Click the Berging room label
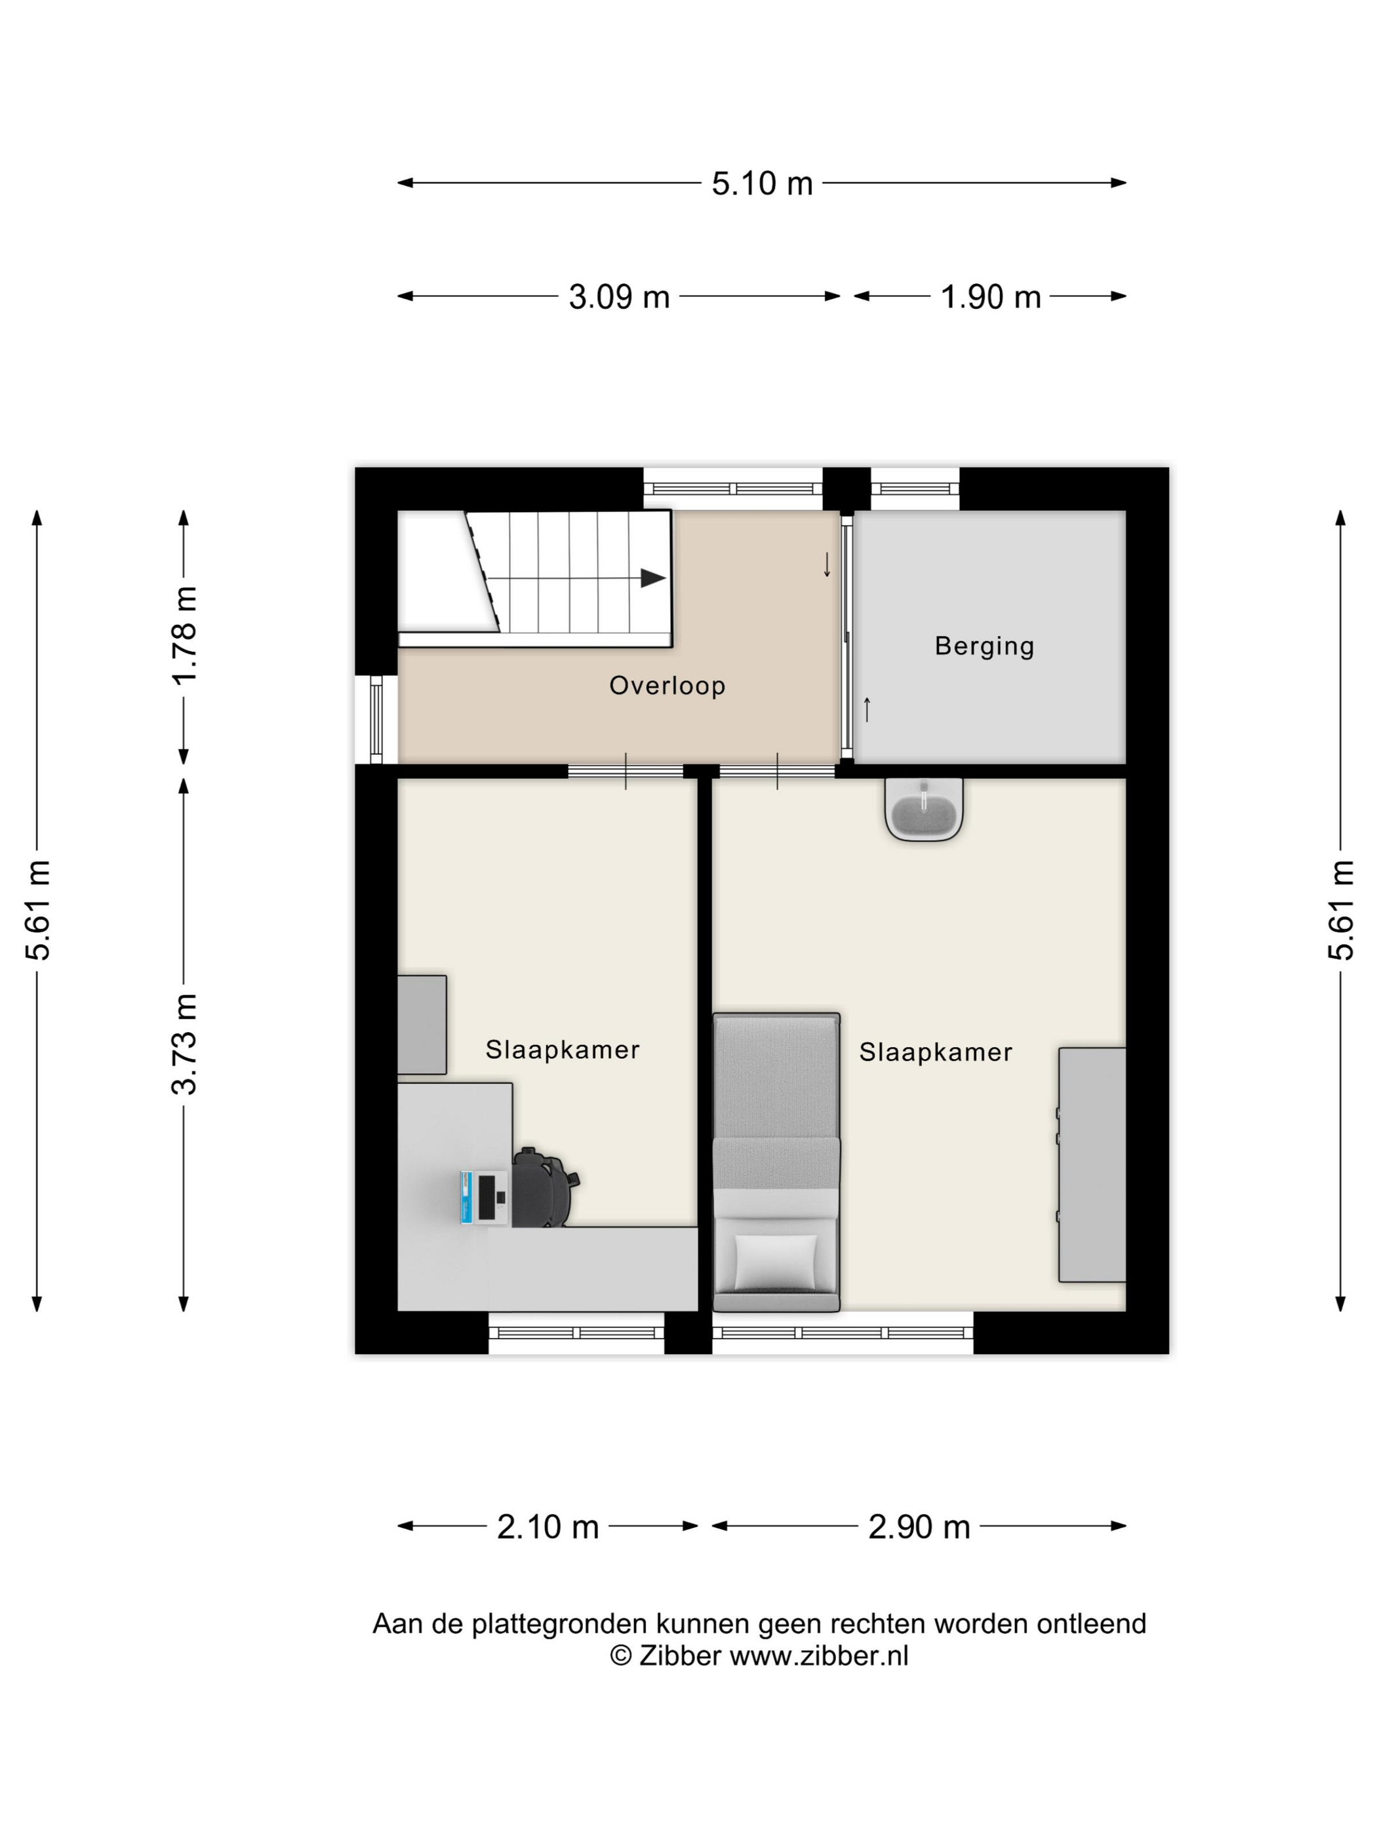984,647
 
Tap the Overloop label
668,686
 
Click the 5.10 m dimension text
762,184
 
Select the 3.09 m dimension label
619,296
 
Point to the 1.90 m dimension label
990,296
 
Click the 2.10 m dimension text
548,1527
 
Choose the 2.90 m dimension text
919,1527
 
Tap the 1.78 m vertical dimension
184,635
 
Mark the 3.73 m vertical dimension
184,1043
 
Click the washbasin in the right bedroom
924,809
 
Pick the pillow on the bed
776,1262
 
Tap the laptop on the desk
485,1197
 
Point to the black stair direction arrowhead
653,578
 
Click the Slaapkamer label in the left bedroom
563,1050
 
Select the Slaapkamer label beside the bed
936,1052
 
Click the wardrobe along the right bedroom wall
1092,1165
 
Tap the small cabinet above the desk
422,1025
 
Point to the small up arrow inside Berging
868,709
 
